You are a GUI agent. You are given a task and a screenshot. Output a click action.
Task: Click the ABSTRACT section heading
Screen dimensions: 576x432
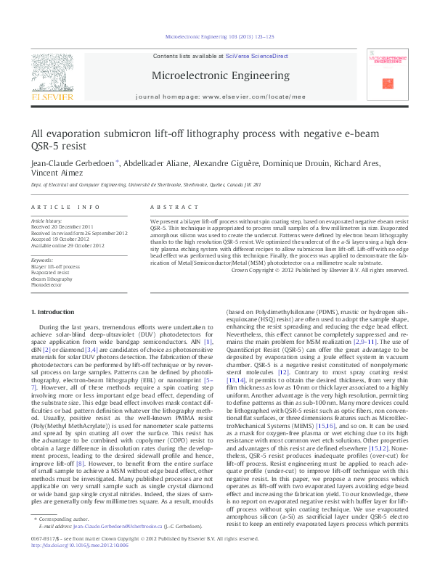tap(168, 207)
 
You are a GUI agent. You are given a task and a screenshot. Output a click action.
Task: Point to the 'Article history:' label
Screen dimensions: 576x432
tap(47, 220)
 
